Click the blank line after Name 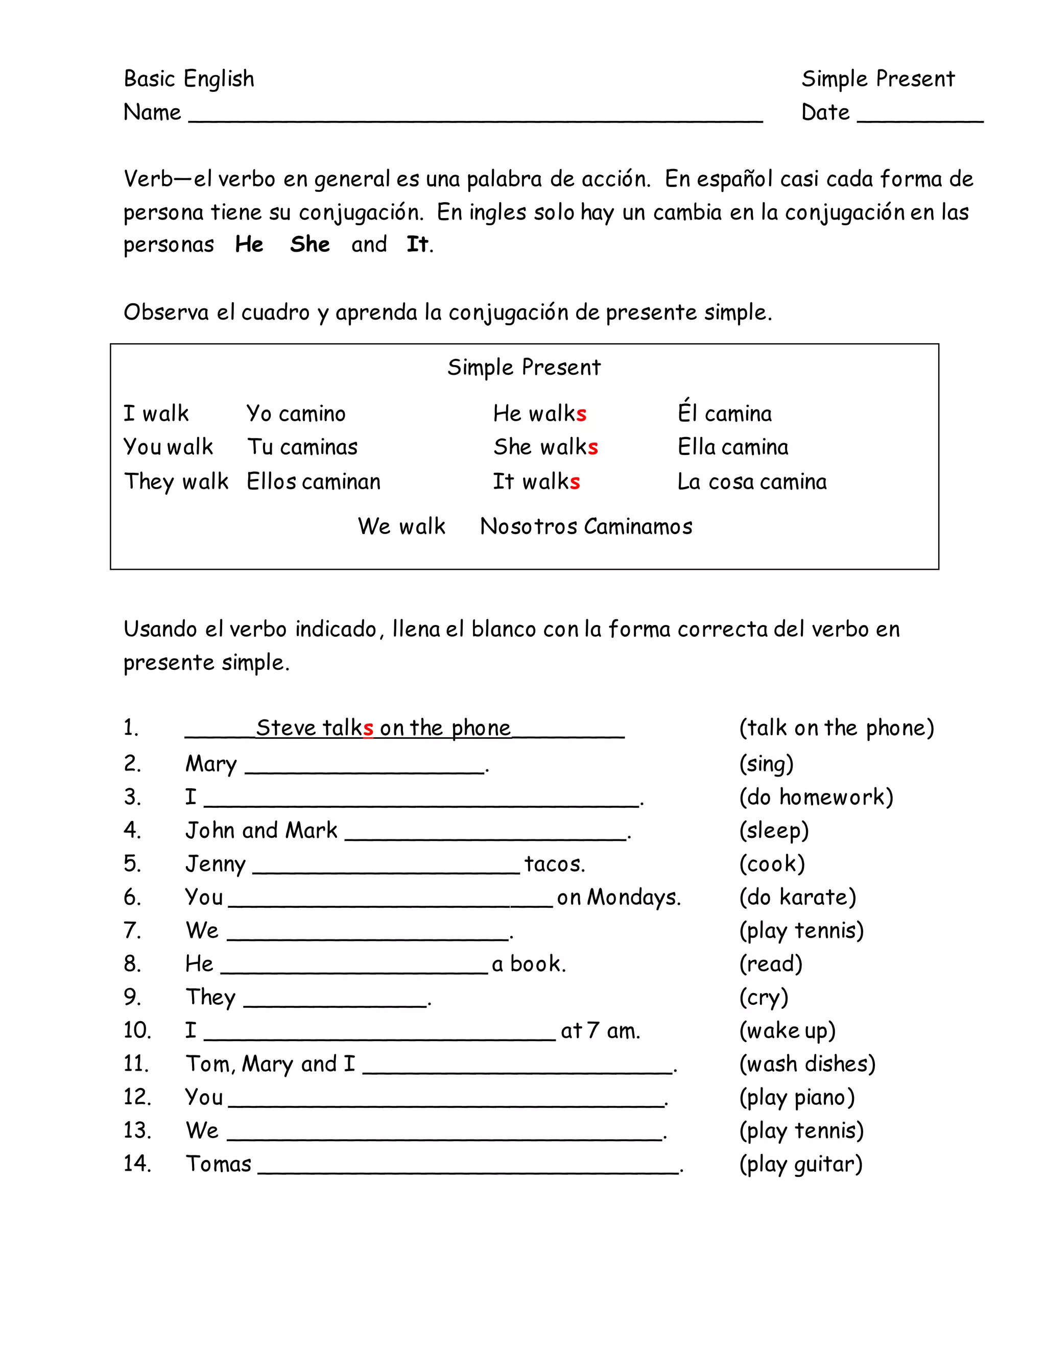[x=476, y=119]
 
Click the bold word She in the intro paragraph [x=310, y=244]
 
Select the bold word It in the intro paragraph [x=417, y=244]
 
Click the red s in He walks [x=581, y=414]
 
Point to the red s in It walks [x=575, y=482]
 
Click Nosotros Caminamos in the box [x=586, y=526]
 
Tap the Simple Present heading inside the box [x=524, y=368]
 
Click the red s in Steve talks [x=368, y=729]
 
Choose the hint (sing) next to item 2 [x=766, y=763]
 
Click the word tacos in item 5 [x=554, y=863]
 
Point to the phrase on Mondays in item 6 [x=618, y=897]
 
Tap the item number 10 [x=137, y=1030]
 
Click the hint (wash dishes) [x=807, y=1064]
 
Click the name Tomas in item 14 [x=218, y=1164]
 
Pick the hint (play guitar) [x=801, y=1164]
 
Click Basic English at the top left [x=189, y=79]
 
